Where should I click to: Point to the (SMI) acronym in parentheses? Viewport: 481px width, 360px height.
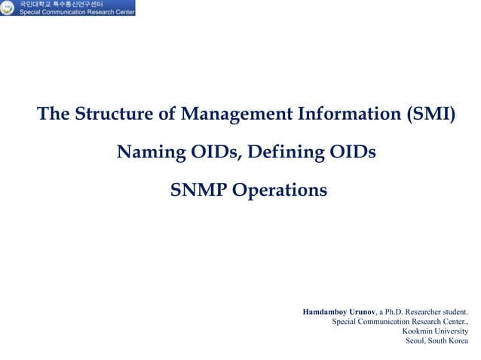click(430, 115)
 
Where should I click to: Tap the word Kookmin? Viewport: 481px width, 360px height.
click(418, 331)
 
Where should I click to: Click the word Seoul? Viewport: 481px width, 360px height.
click(417, 340)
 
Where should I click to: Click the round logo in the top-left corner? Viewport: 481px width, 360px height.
click(8, 8)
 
